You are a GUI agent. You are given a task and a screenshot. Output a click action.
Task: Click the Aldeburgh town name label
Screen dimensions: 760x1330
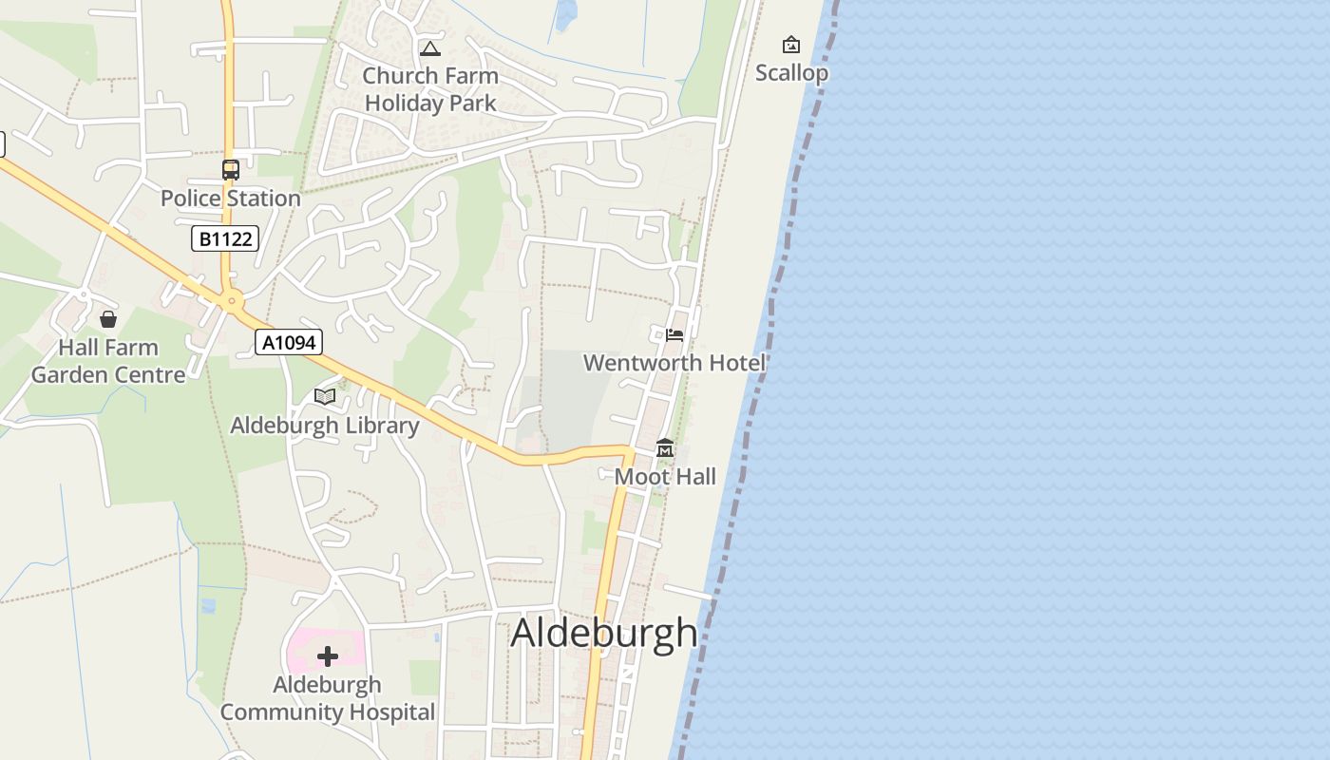point(604,634)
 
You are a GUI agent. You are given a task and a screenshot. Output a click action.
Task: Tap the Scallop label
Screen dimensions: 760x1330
point(791,73)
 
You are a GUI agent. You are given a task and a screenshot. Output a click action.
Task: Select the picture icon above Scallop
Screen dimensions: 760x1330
point(790,45)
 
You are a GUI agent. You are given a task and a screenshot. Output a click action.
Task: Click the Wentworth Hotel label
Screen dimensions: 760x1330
point(674,363)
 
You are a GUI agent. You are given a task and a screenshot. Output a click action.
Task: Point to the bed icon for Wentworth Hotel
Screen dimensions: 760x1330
point(674,334)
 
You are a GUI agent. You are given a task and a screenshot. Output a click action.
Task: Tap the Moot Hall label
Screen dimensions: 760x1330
point(665,477)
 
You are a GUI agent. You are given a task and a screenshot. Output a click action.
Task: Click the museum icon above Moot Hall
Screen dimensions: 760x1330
point(665,448)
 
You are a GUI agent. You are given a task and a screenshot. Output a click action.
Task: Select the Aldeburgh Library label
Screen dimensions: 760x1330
point(324,426)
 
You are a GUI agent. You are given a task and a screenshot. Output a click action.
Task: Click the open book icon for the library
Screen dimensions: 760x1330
point(325,396)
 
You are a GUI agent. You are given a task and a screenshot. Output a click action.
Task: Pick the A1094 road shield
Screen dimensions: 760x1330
point(289,342)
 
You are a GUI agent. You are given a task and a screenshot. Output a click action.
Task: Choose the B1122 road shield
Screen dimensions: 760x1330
point(225,238)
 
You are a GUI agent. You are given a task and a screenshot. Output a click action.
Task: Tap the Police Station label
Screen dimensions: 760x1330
point(230,199)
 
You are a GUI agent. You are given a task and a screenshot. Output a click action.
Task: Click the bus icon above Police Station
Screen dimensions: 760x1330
point(230,170)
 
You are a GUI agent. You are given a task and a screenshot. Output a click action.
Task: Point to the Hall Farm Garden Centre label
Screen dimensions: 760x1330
point(108,361)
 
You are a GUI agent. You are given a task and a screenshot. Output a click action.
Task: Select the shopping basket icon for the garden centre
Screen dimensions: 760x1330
point(108,319)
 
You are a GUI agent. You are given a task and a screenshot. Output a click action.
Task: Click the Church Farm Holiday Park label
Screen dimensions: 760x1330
point(430,89)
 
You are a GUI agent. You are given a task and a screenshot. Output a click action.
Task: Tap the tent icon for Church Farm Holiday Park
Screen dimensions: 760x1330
point(430,48)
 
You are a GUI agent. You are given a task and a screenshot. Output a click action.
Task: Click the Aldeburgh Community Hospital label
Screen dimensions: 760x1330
point(328,698)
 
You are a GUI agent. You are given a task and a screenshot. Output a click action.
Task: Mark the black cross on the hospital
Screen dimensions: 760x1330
point(328,656)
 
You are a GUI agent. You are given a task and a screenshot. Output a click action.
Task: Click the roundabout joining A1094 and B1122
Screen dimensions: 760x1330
point(231,301)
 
